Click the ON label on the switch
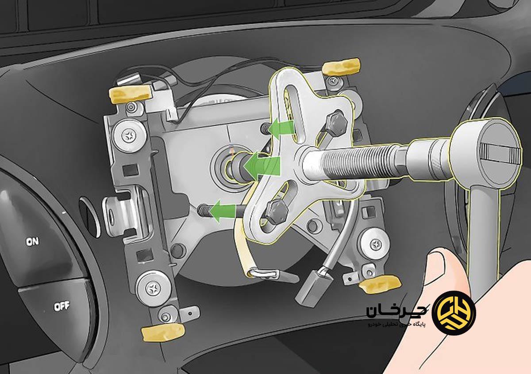pyautogui.click(x=32, y=242)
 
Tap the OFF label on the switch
pyautogui.click(x=62, y=306)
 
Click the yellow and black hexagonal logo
pyautogui.click(x=454, y=313)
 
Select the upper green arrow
pyautogui.click(x=283, y=129)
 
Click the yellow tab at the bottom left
pyautogui.click(x=163, y=332)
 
